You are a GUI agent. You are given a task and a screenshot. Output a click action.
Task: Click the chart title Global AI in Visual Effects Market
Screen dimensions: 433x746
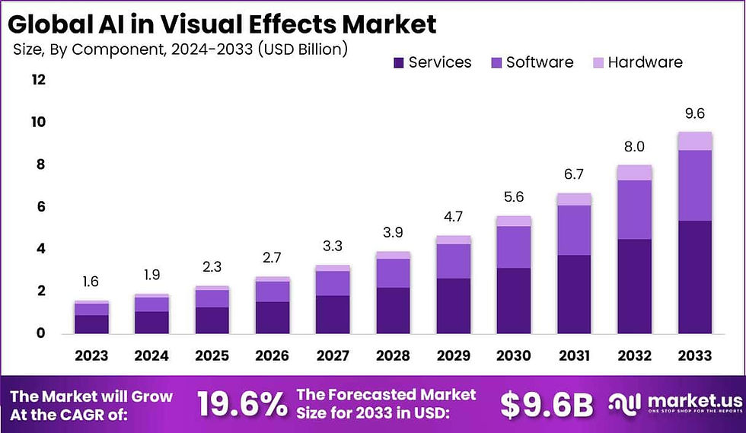222,24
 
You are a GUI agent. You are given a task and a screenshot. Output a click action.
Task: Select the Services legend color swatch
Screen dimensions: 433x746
398,62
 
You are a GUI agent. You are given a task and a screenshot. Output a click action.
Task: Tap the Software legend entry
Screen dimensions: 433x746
531,62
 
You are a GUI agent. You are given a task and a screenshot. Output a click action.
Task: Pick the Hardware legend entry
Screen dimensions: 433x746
636,62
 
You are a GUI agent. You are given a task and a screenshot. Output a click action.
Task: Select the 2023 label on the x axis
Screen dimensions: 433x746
91,356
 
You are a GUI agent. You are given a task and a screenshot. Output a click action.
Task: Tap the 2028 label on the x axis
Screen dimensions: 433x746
393,356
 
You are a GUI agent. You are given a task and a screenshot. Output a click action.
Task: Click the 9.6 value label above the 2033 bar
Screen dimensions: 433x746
695,113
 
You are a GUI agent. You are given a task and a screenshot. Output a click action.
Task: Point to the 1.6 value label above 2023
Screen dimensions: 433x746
91,282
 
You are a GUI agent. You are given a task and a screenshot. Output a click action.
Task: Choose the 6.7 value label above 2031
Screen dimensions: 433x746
574,175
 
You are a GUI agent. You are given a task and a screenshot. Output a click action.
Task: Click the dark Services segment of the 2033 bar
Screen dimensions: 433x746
695,277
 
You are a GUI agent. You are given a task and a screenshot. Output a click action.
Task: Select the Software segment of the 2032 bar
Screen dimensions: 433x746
635,209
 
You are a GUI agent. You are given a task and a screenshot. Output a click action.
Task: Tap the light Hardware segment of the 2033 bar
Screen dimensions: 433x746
695,141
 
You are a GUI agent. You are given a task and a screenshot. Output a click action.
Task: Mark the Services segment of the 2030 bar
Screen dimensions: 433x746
514,301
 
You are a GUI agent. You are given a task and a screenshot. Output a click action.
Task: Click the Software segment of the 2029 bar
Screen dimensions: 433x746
454,261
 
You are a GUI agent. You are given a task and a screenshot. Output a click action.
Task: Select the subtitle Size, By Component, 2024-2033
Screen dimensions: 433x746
180,50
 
